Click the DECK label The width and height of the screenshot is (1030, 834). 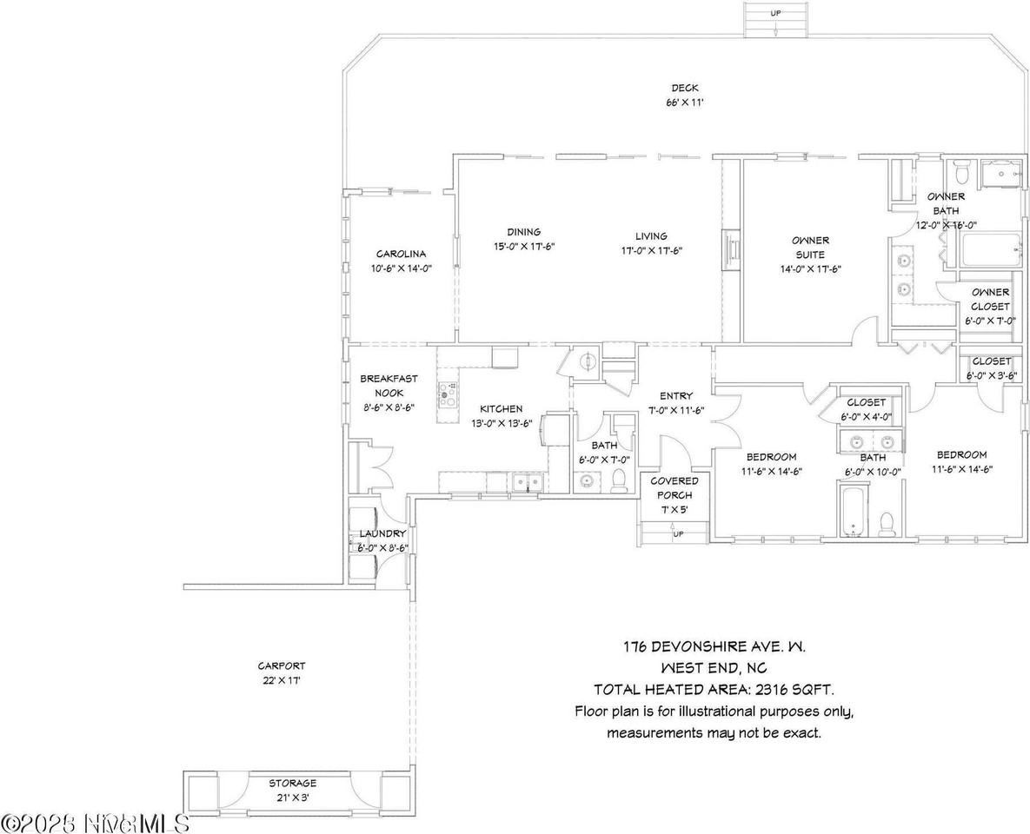pos(684,88)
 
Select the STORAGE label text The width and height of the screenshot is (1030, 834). pos(292,783)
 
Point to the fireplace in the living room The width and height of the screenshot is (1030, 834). pos(729,250)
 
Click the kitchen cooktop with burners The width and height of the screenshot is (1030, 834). pos(448,394)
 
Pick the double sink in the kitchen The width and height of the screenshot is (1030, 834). pos(527,484)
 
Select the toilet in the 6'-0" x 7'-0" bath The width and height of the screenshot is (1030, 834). pos(620,480)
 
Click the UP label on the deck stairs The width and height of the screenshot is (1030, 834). pos(775,13)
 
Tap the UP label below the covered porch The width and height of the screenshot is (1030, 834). pos(678,533)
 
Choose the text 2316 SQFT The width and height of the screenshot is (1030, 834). pos(794,690)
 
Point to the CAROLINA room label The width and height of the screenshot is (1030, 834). pos(401,254)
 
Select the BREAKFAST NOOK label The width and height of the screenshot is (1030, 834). pos(389,386)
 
